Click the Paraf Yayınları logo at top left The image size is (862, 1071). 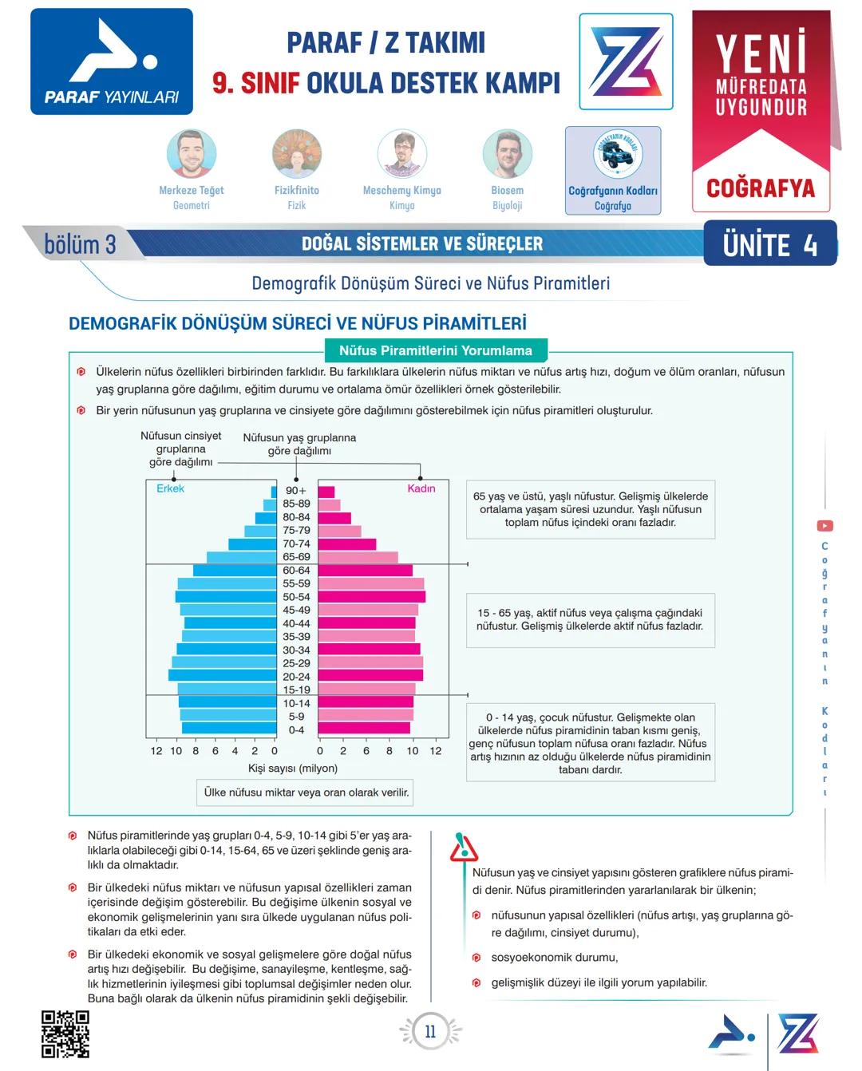tap(112, 61)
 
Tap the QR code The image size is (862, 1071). tap(65, 1033)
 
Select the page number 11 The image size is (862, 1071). tap(430, 1031)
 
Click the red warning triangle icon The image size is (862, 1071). tap(463, 848)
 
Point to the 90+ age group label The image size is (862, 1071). tap(296, 491)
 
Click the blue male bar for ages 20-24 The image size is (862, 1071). tap(223, 676)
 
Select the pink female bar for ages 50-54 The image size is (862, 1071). tap(371, 597)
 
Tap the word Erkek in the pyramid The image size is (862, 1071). tap(170, 488)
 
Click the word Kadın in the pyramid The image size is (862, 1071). tap(421, 488)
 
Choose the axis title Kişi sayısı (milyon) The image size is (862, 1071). tap(293, 769)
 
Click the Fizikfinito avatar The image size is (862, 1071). tap(297, 153)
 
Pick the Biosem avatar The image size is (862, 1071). tap(508, 153)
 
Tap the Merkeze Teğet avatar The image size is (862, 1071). tap(192, 153)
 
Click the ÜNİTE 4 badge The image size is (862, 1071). tap(769, 244)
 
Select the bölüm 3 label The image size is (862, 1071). tap(80, 244)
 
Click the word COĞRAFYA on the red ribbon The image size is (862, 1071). tap(761, 188)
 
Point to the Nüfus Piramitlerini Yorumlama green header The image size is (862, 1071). tap(436, 350)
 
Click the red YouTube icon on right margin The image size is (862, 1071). tap(824, 526)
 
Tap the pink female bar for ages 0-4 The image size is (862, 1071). tap(364, 729)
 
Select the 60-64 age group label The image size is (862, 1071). tap(296, 571)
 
